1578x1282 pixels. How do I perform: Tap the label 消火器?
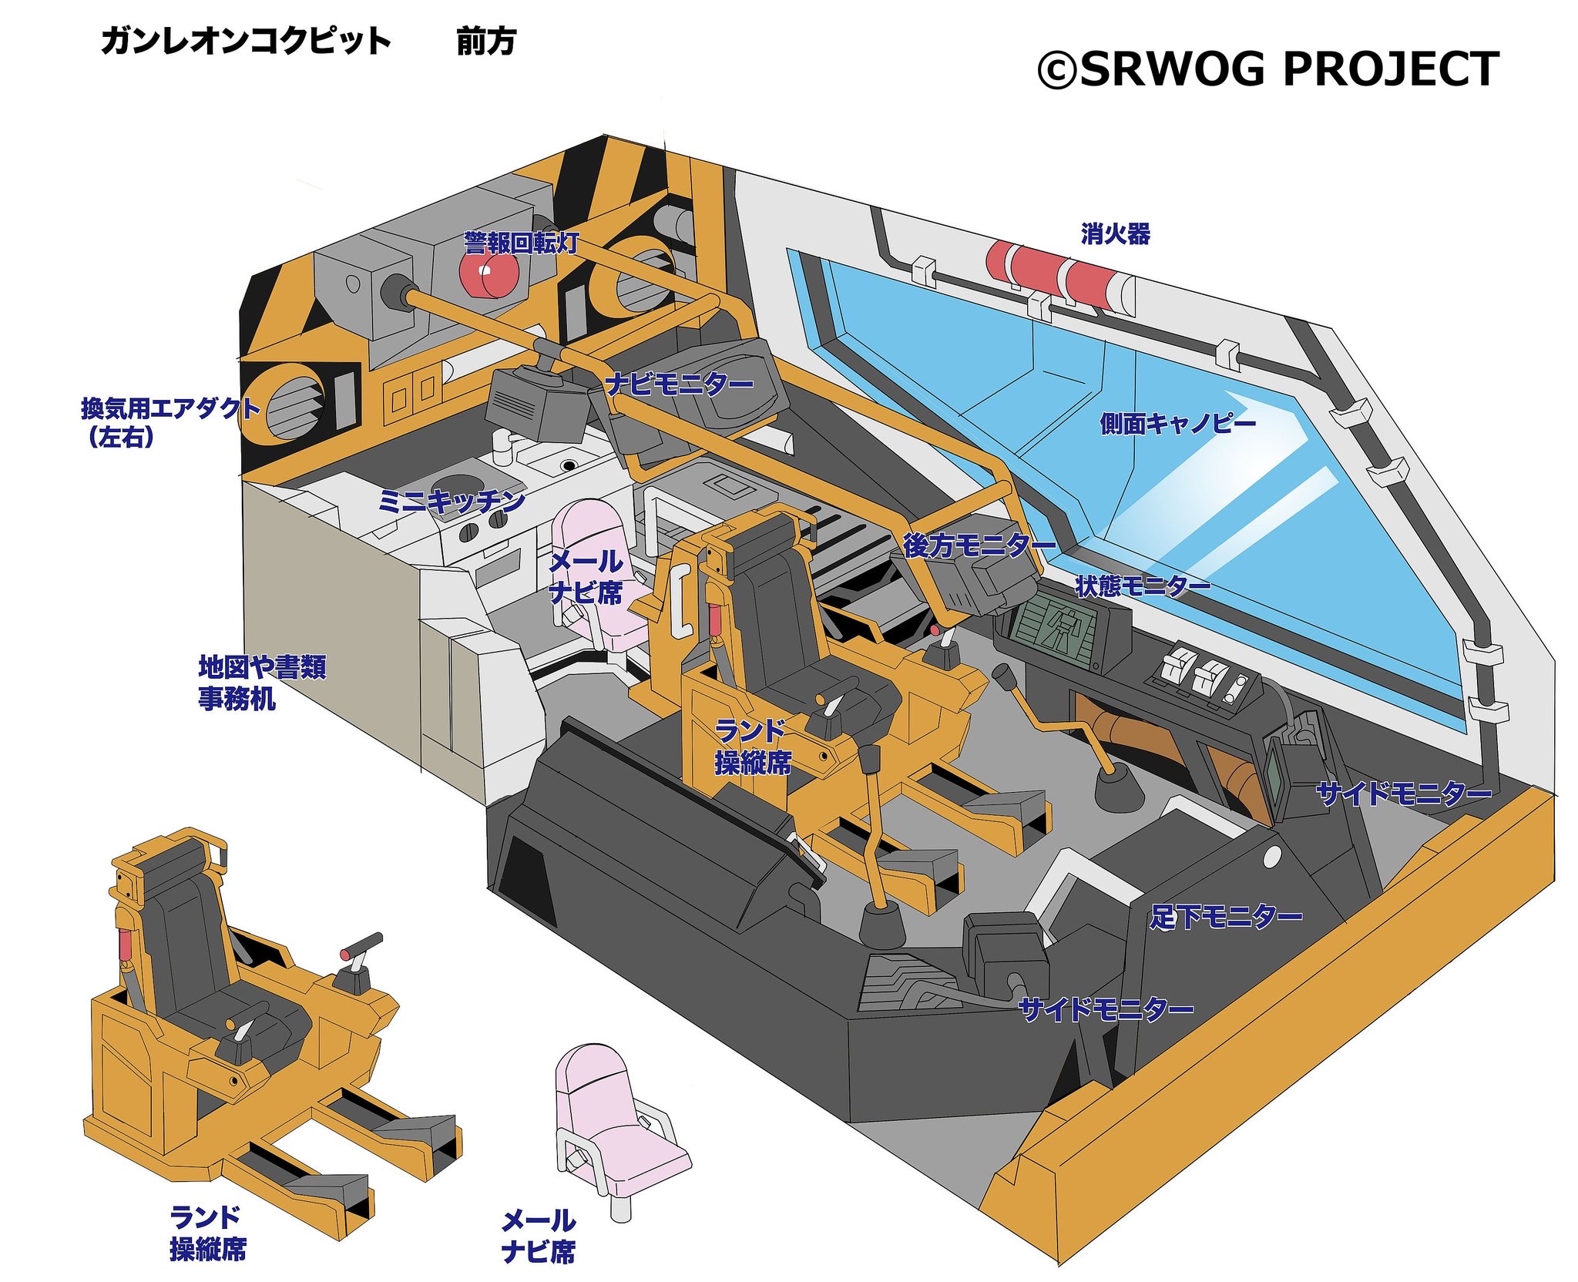click(x=1114, y=233)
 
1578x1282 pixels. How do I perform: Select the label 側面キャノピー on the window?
click(x=1177, y=423)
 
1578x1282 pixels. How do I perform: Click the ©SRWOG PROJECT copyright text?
click(x=1267, y=69)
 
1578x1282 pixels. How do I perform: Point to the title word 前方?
click(x=485, y=42)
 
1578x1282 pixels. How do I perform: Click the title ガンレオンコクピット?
click(x=246, y=42)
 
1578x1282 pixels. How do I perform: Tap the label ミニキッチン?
click(x=452, y=502)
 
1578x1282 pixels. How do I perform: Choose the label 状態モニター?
click(x=1143, y=586)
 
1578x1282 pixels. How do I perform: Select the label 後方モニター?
click(x=979, y=545)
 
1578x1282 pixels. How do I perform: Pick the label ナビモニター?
click(x=679, y=383)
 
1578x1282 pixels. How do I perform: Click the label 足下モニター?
click(x=1225, y=917)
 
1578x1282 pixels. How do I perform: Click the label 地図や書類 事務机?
click(x=262, y=683)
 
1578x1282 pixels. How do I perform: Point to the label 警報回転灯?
click(x=521, y=243)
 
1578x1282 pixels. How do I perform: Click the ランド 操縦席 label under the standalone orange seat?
click(x=207, y=1233)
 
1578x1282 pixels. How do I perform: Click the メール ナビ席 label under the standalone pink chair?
click(x=538, y=1236)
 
